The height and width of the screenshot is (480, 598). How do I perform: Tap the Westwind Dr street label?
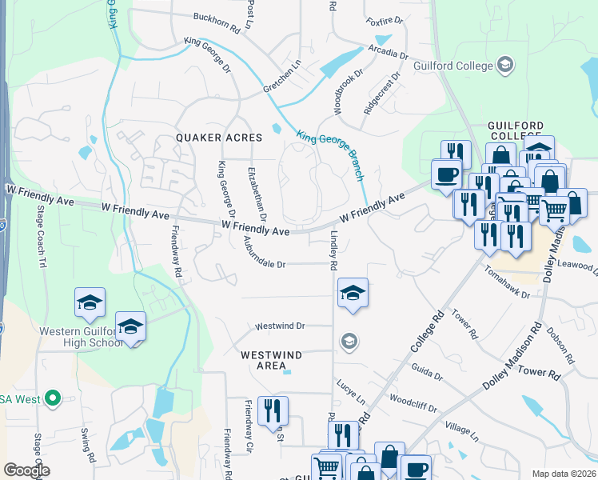click(280, 326)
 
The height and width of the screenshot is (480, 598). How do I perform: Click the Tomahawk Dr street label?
click(507, 284)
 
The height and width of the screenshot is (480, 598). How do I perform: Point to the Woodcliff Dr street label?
click(413, 402)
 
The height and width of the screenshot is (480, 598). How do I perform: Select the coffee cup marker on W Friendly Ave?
click(445, 174)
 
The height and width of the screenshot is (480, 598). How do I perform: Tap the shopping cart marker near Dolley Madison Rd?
click(554, 210)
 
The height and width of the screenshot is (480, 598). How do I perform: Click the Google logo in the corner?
click(26, 470)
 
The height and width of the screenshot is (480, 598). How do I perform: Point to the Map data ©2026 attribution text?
click(564, 474)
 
